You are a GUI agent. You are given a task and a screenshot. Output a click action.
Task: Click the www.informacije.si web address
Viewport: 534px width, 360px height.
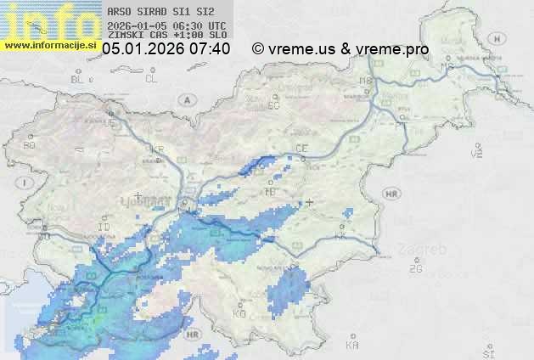point(50,45)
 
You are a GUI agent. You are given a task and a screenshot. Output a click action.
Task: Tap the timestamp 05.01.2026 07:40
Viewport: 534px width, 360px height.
point(166,49)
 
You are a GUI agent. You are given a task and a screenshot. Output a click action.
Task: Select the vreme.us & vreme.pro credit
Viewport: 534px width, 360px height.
point(340,49)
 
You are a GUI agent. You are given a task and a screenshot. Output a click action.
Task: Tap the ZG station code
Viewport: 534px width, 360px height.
point(415,269)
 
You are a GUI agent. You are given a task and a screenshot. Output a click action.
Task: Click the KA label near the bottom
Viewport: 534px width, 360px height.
point(352,346)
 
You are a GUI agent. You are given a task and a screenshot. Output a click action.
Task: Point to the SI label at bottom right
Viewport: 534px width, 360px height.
point(487,351)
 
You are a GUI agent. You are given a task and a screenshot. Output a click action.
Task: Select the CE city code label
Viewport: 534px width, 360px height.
point(301,149)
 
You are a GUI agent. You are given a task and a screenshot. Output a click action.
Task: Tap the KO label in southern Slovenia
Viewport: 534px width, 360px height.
point(239,314)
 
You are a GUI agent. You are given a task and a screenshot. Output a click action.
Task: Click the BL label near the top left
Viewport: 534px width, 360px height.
point(78,79)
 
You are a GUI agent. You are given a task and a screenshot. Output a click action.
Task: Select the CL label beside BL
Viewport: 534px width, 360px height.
point(151,79)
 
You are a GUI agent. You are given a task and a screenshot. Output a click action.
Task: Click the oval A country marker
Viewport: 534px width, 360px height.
point(185,99)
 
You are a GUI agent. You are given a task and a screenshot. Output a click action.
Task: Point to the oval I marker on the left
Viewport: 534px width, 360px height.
point(26,182)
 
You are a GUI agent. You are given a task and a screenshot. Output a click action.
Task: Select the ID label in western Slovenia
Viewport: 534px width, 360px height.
point(104,228)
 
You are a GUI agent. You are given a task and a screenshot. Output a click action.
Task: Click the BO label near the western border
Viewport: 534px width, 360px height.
point(30,145)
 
